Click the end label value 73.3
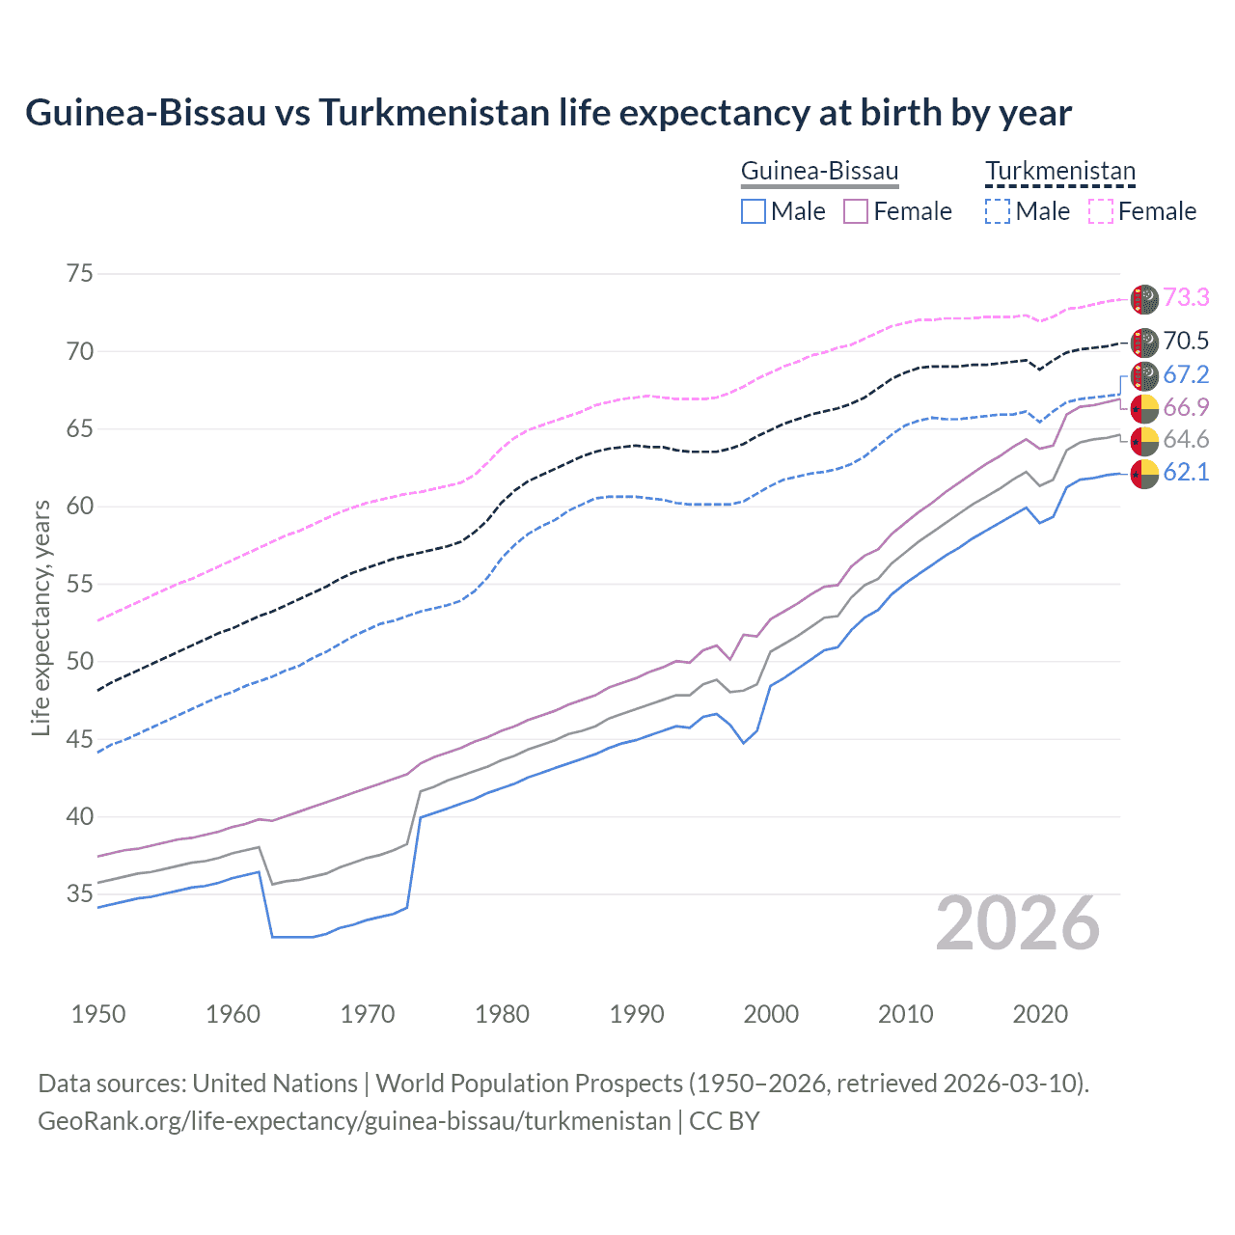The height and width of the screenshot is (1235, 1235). [x=1186, y=297]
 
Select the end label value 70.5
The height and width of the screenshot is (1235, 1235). [x=1186, y=341]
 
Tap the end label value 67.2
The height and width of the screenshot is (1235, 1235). [x=1186, y=374]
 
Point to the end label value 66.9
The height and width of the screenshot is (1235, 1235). [x=1186, y=407]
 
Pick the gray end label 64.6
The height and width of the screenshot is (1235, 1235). [x=1186, y=440]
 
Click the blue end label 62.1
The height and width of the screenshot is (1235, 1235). [x=1186, y=472]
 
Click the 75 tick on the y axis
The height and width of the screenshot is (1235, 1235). [x=80, y=273]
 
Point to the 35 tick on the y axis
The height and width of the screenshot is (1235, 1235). [x=80, y=894]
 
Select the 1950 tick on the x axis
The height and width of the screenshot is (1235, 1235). [x=98, y=1014]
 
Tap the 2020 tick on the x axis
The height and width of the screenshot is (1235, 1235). [x=1040, y=1014]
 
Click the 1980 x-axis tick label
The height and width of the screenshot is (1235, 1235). [x=502, y=1014]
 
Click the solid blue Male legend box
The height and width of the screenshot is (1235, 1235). [x=754, y=211]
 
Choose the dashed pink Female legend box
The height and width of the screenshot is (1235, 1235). [x=1101, y=211]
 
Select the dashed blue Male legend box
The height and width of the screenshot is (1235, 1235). [x=998, y=211]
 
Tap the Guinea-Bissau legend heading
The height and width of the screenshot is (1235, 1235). [x=819, y=172]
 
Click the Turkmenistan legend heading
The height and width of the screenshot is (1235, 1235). [x=1060, y=172]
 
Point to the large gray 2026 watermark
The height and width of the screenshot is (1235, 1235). [x=1018, y=923]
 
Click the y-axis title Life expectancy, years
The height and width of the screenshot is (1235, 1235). [x=41, y=617]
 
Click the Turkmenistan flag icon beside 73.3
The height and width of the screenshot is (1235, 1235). [x=1144, y=299]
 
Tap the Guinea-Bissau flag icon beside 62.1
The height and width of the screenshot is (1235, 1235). [x=1144, y=474]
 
